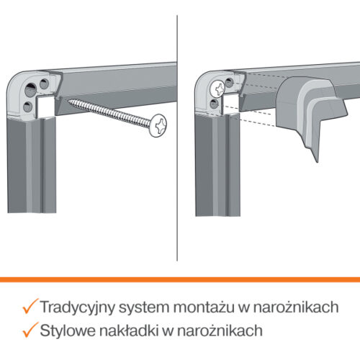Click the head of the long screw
[x=158, y=125]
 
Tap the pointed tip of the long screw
[x=68, y=101]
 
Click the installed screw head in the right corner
[x=217, y=89]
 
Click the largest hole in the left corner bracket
[x=30, y=90]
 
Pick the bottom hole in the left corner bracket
[x=28, y=107]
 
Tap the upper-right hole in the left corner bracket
[x=44, y=84]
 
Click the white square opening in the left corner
[x=45, y=107]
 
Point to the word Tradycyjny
[x=78, y=307]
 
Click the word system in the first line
[x=144, y=307]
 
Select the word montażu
[x=204, y=307]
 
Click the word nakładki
[x=129, y=330]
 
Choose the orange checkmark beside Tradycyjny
[x=30, y=306]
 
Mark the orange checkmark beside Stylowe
[x=30, y=330]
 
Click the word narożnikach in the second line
[x=220, y=330]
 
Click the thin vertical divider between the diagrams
[x=177, y=138]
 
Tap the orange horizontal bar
[x=180, y=279]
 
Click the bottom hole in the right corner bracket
[x=214, y=104]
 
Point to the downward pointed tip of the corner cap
[x=318, y=162]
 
